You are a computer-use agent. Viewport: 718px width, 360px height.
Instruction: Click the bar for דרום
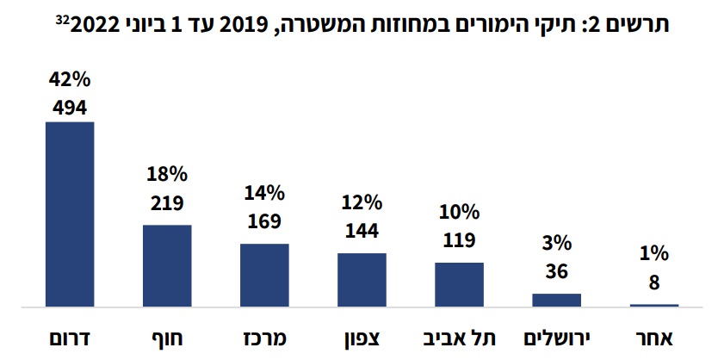coord(69,214)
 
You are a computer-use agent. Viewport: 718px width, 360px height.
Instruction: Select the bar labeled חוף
coord(166,265)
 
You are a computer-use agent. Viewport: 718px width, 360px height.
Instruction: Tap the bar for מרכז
coord(264,275)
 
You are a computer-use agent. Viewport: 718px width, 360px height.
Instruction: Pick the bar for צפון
coord(362,279)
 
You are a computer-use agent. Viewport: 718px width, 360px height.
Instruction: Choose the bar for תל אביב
coord(459,284)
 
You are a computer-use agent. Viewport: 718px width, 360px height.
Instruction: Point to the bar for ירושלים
coord(557,300)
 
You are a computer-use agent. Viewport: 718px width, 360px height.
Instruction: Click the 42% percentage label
coord(70,83)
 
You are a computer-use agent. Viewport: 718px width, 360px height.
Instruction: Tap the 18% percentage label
coord(167,175)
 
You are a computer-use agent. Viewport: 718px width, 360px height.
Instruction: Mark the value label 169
coord(264,221)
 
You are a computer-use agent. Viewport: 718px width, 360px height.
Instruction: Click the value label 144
coord(362,230)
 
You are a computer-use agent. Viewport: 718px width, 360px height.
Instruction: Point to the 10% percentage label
coord(459,213)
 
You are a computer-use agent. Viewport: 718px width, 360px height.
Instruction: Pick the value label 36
coord(557,272)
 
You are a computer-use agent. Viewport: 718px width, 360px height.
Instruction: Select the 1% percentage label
coord(654,256)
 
